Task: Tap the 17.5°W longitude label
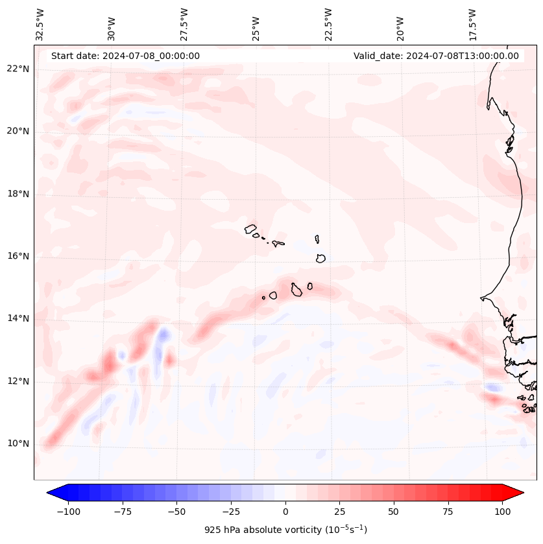472,25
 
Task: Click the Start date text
125,56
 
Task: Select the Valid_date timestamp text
436,56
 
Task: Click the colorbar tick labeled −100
68,512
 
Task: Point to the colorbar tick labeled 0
285,512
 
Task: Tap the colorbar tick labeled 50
394,512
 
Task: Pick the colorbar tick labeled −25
231,512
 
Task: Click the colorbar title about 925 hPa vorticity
285,530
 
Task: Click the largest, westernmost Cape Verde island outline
250,228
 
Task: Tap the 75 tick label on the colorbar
448,512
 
